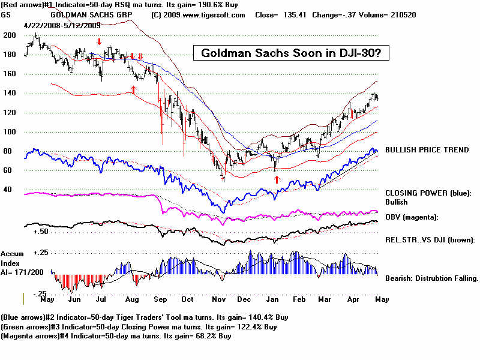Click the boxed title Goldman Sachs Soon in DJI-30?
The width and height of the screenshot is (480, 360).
click(291, 53)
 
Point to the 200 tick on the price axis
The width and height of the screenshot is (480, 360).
click(9, 36)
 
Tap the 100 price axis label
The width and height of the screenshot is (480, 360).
click(9, 132)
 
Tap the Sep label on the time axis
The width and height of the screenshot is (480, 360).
click(160, 299)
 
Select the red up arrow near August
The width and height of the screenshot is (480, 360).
click(133, 89)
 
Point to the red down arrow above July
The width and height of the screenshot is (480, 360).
click(100, 41)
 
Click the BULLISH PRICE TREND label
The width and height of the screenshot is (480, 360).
click(427, 150)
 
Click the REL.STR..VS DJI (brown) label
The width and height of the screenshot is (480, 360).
click(430, 239)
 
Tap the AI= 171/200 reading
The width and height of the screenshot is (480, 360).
click(22, 271)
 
